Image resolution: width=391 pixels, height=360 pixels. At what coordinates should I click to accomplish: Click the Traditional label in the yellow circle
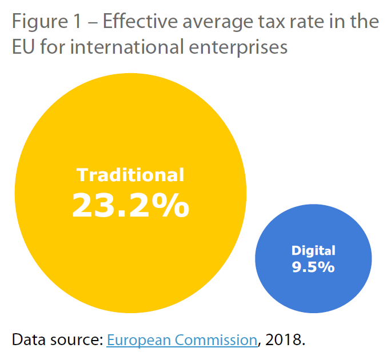coord(130,175)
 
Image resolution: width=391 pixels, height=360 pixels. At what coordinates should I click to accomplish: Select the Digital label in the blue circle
coord(313,250)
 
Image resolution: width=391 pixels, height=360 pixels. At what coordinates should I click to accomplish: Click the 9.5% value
coord(313,266)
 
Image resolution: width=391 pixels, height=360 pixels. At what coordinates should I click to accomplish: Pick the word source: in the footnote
coord(75,341)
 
